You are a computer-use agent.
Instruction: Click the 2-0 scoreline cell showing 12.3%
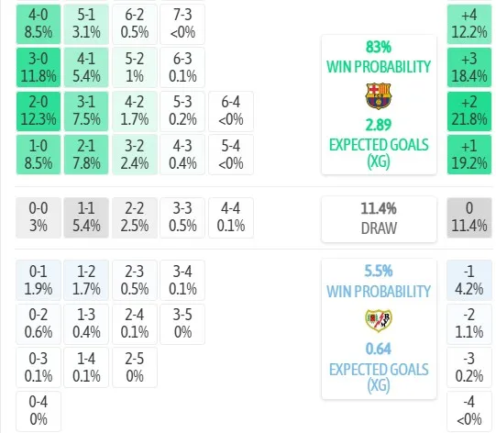coord(39,111)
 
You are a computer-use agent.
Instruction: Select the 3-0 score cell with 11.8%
coord(39,67)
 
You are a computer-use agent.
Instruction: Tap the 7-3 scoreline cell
coord(182,24)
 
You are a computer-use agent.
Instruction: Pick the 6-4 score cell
coord(231,111)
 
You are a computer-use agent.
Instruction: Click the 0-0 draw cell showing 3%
coord(39,217)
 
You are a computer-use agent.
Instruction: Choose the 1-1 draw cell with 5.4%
coord(86,217)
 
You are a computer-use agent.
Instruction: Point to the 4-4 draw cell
coord(231,217)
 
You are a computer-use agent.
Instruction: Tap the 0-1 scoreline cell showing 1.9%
coord(39,280)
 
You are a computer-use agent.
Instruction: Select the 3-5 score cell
coord(182,324)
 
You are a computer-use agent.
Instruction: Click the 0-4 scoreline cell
coord(39,411)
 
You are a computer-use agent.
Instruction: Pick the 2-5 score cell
coord(135,368)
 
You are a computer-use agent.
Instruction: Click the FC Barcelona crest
coord(379,96)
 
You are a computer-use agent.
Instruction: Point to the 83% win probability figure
coord(379,47)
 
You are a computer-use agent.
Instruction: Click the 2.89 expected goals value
coord(379,125)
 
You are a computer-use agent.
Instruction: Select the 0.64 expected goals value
coord(379,349)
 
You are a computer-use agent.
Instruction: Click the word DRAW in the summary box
coord(379,228)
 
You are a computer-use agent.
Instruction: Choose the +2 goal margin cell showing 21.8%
coord(469,111)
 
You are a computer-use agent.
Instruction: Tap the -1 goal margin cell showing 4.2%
coord(469,280)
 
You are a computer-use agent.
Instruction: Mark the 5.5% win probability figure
coord(379,271)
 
